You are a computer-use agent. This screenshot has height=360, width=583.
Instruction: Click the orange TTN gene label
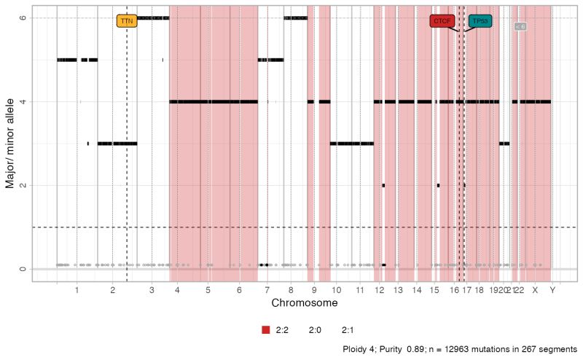click(127, 21)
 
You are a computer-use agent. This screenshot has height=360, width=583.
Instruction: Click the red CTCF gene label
click(442, 21)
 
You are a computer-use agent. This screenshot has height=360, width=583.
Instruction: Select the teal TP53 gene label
click(480, 21)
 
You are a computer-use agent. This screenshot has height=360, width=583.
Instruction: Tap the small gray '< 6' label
click(520, 26)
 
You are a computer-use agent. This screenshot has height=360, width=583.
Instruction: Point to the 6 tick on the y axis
click(23, 18)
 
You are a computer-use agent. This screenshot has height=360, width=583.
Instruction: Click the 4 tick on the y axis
click(23, 102)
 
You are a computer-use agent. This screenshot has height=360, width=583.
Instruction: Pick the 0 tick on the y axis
click(23, 270)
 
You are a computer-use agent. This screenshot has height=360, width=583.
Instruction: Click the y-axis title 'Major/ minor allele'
click(10, 144)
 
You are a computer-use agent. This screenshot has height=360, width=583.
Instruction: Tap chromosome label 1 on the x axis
click(77, 290)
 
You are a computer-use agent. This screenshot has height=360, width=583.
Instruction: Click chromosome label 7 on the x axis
click(267, 290)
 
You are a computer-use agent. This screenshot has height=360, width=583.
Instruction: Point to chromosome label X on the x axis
click(535, 290)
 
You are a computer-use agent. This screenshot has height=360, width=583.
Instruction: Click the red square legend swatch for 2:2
click(266, 330)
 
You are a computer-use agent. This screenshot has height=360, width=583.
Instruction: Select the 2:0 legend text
click(315, 330)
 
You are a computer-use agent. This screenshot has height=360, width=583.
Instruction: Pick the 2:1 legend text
click(359, 330)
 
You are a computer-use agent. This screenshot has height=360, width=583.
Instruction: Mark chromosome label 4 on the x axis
click(178, 290)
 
